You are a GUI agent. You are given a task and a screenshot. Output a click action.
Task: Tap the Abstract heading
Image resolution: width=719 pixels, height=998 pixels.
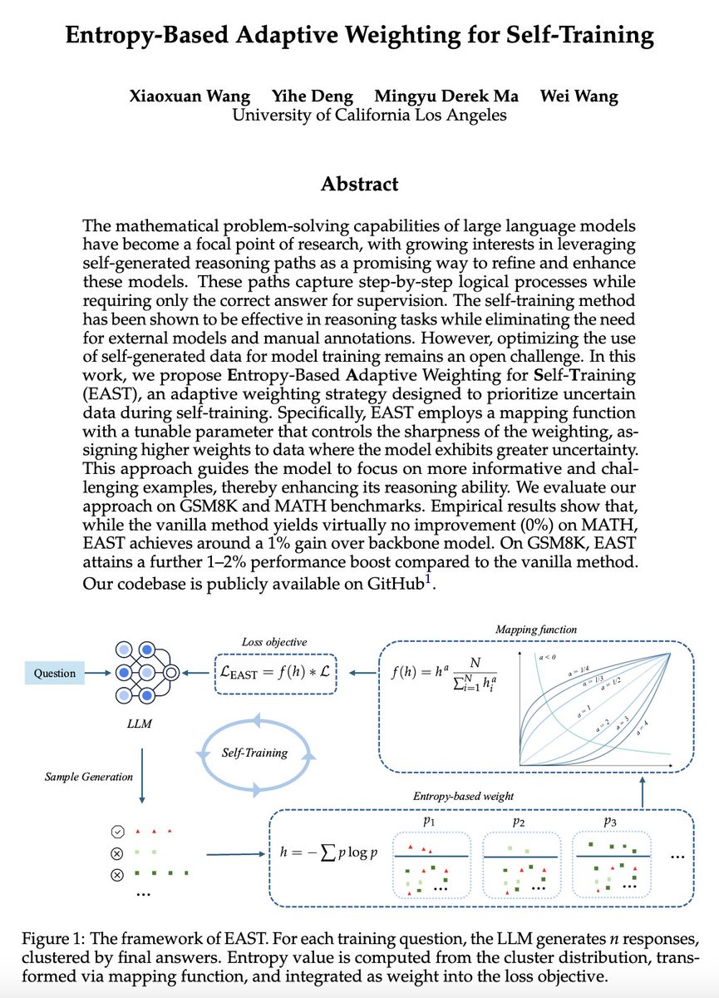(359, 184)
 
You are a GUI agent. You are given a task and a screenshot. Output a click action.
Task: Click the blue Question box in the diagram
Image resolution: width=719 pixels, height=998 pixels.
(54, 674)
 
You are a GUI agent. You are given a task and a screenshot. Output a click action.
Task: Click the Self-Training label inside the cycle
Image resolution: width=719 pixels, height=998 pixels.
(254, 753)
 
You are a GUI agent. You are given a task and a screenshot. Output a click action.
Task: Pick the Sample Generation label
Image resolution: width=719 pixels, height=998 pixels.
(88, 777)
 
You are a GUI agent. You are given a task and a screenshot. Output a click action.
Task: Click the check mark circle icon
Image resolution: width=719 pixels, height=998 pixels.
(117, 832)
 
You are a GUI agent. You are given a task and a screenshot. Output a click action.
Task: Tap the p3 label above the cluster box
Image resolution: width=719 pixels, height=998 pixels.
(610, 822)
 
